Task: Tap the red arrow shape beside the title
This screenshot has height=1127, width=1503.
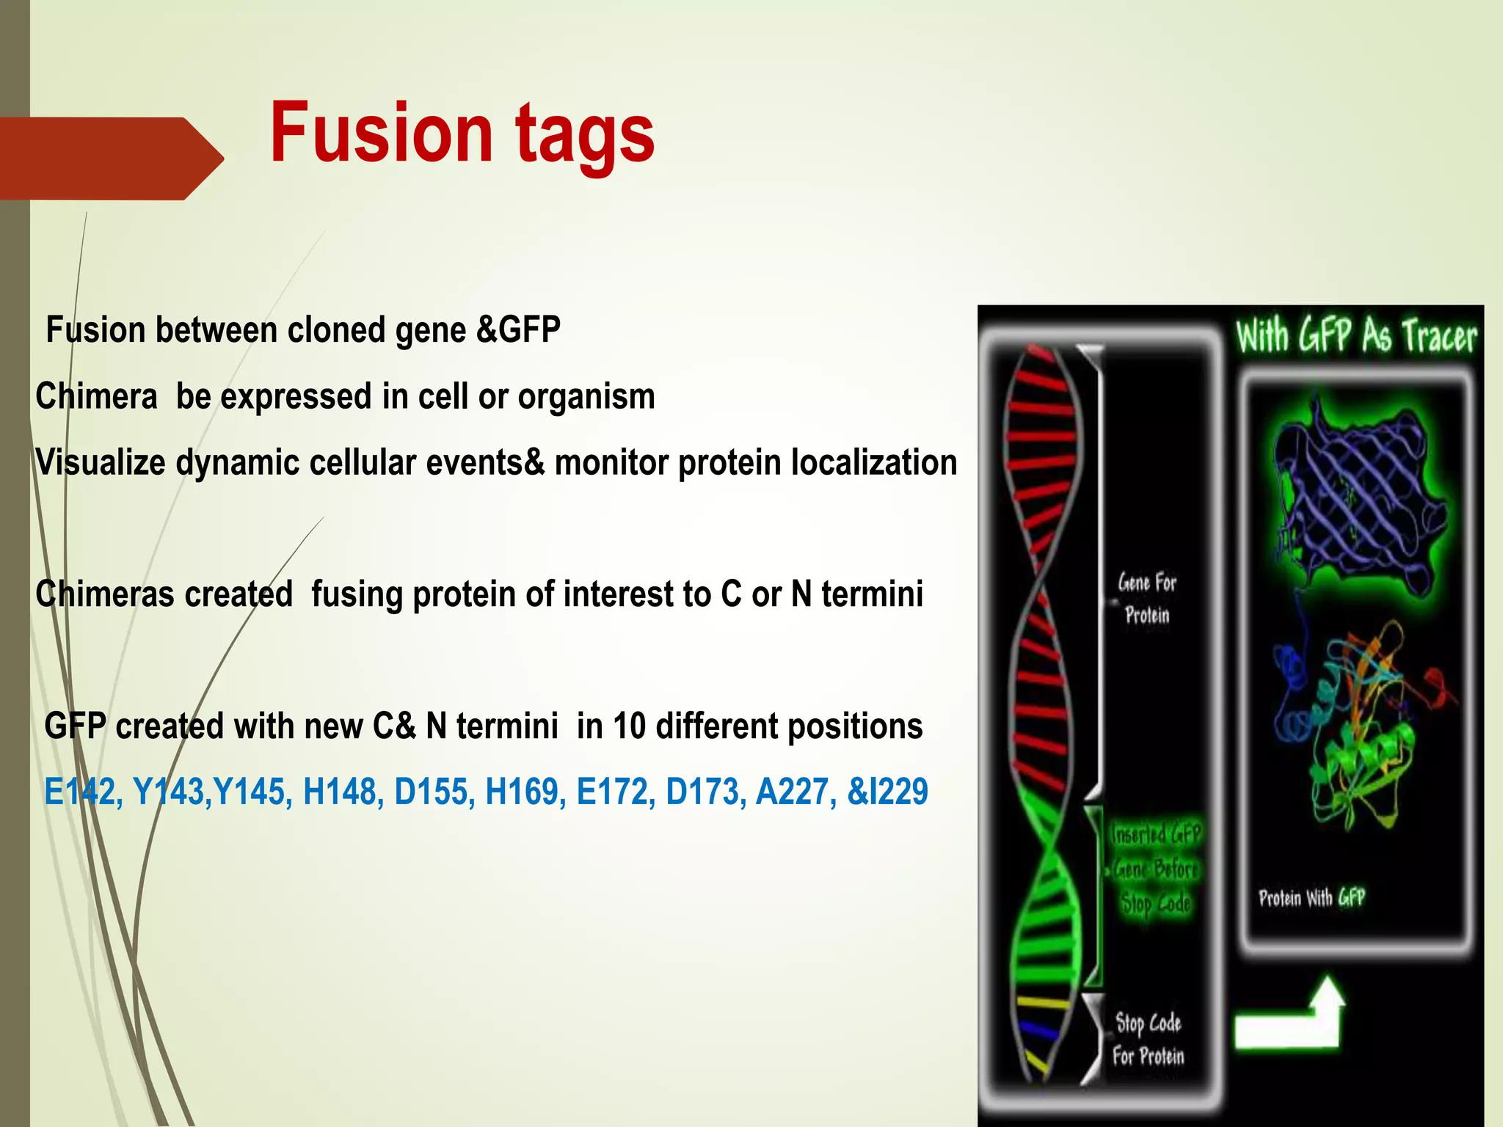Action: [x=110, y=158]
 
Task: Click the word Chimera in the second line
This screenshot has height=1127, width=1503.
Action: [x=96, y=397]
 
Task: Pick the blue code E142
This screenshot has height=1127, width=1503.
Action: [x=79, y=792]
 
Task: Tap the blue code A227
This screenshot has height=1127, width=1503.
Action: [x=795, y=792]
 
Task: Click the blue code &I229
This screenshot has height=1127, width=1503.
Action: [x=887, y=792]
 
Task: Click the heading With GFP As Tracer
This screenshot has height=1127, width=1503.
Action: [x=1356, y=337]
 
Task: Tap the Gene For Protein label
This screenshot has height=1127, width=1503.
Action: [x=1147, y=598]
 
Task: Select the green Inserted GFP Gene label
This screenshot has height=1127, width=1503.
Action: [x=1155, y=869]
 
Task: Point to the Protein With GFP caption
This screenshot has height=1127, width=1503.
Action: [x=1311, y=898]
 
